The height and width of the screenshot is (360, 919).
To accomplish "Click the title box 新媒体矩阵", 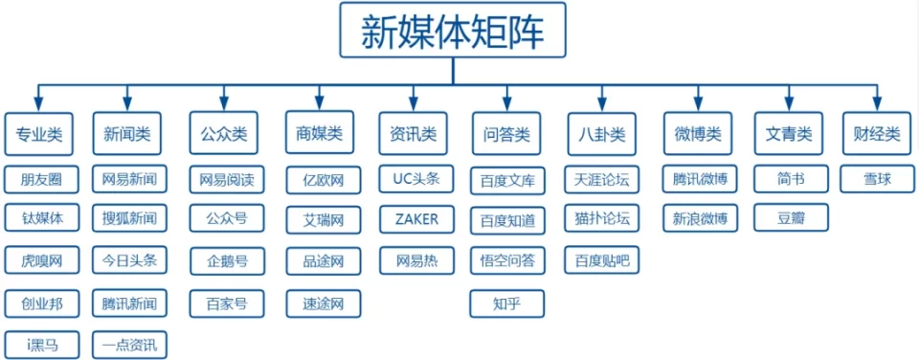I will coord(452,33).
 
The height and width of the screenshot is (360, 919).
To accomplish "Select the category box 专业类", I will coord(38,134).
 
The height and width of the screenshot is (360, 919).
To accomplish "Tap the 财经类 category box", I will coord(877,134).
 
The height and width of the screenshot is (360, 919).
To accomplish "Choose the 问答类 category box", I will coord(506,134).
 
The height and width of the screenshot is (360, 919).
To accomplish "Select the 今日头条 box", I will coord(129,259).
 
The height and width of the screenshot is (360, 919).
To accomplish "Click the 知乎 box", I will coord(506,304).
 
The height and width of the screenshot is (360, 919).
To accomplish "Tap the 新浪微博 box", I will coord(700,219).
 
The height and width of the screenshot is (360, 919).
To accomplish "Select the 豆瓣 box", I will coord(791,218).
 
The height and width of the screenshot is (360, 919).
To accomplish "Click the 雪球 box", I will coord(877,179).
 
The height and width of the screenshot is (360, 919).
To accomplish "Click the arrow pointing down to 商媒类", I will coord(320,100).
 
